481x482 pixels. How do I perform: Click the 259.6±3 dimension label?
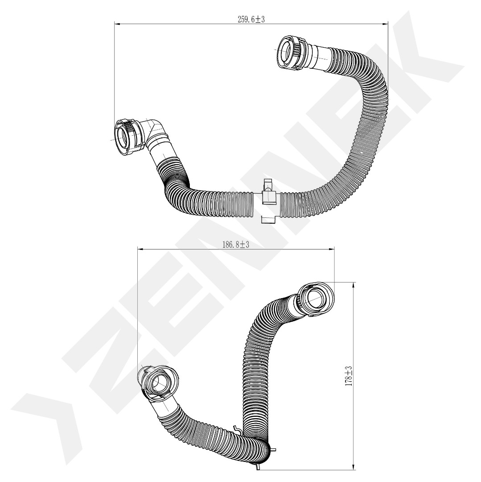[251, 19]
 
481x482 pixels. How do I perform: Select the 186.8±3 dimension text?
[235, 245]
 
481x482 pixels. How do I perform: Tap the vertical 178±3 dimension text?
[349, 376]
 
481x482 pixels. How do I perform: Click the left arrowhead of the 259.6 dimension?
[117, 23]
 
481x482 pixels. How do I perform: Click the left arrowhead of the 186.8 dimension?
[140, 249]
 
